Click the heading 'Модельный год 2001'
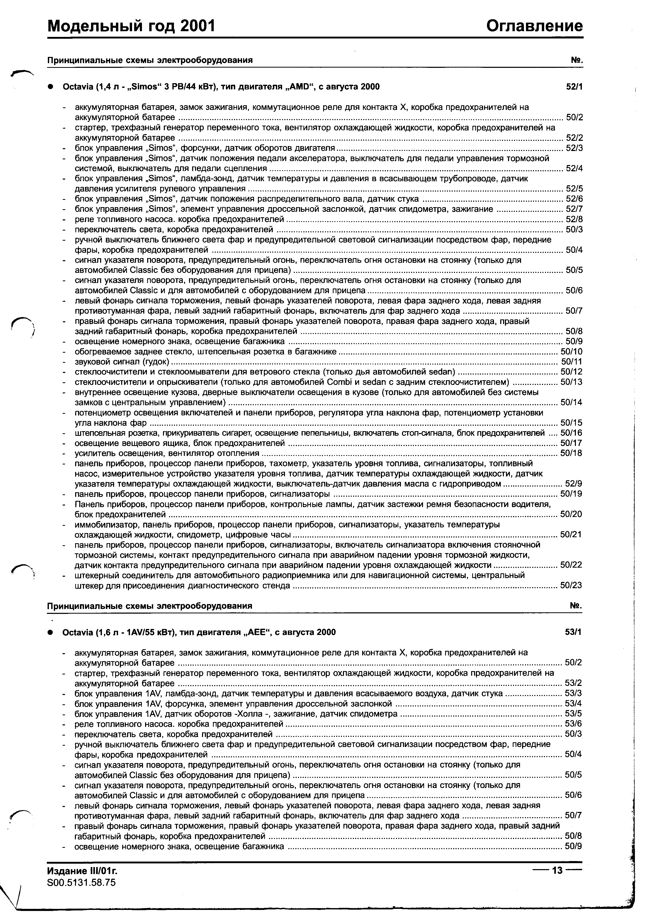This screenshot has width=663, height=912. tap(131, 27)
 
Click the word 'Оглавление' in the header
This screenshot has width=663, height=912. tap(534, 27)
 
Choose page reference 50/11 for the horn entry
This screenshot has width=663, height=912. tap(572, 362)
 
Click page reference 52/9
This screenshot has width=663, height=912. tap(574, 484)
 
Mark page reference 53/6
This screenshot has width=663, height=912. tap(573, 724)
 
